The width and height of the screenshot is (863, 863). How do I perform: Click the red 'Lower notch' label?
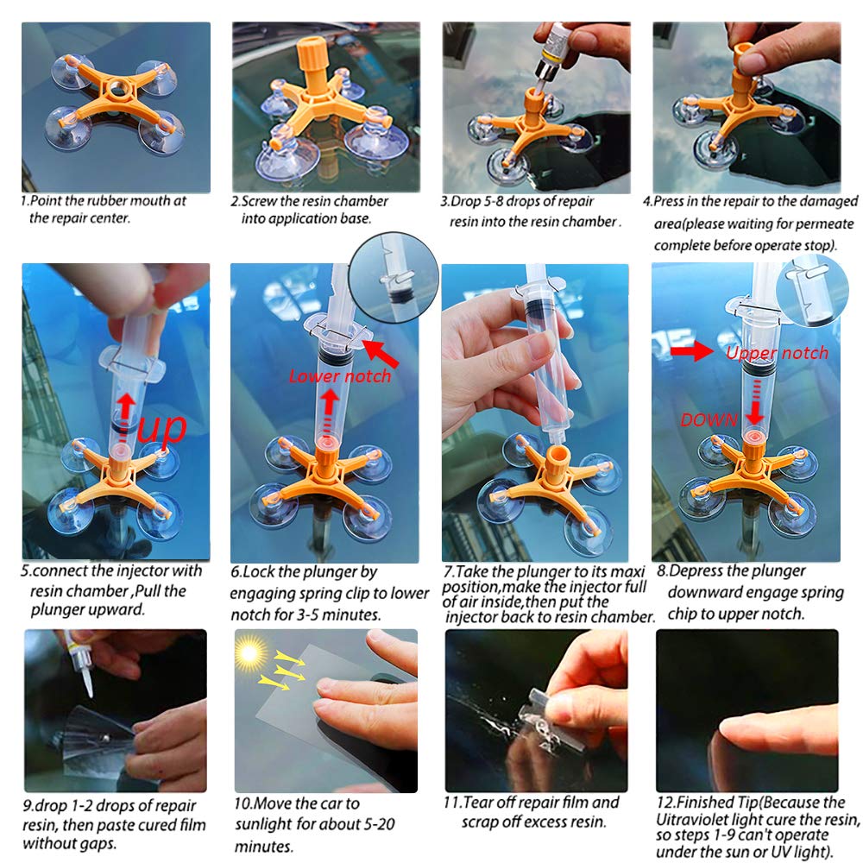[x=339, y=376]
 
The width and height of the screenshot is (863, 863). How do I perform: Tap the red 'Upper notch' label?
[x=777, y=353]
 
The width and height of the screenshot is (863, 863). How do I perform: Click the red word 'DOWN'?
[x=709, y=420]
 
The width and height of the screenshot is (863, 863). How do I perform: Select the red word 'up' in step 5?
[x=162, y=427]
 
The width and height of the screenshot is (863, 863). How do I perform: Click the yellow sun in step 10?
[x=249, y=653]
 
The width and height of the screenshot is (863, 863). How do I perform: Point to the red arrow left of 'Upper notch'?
[x=692, y=350]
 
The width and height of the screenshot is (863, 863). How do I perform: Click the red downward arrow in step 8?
[x=755, y=405]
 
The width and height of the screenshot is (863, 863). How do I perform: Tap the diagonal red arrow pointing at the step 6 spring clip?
[x=381, y=353]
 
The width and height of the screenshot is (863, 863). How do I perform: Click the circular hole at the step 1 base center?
[x=117, y=87]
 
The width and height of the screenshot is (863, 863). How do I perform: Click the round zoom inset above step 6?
[x=394, y=277]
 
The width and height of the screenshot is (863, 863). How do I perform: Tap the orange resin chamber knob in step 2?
[x=312, y=63]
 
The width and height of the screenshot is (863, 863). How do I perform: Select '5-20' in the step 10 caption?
[x=378, y=824]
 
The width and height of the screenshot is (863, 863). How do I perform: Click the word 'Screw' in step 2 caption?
[x=260, y=201]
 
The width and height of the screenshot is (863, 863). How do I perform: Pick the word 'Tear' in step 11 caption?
[x=478, y=803]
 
